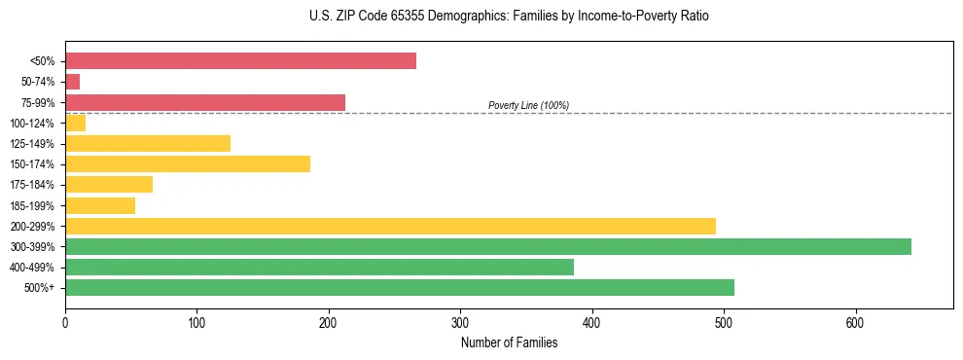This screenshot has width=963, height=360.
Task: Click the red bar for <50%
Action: pos(240,61)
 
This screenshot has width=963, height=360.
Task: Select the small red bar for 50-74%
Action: pos(72,82)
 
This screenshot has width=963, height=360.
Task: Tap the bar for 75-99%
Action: pos(205,102)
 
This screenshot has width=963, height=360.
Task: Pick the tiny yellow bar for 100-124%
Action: pos(75,123)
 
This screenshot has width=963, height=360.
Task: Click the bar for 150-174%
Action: pos(188,163)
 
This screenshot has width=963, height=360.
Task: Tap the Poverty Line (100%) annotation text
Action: pos(528,105)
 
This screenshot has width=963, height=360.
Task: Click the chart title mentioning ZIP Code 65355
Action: pos(481,17)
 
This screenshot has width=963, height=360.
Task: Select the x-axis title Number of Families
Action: pos(509,342)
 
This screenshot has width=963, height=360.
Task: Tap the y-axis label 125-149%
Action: pos(32,144)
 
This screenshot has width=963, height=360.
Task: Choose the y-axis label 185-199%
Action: pos(32,205)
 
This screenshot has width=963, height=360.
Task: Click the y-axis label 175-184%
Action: pos(32,185)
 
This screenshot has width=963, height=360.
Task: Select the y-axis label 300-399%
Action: pos(32,247)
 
